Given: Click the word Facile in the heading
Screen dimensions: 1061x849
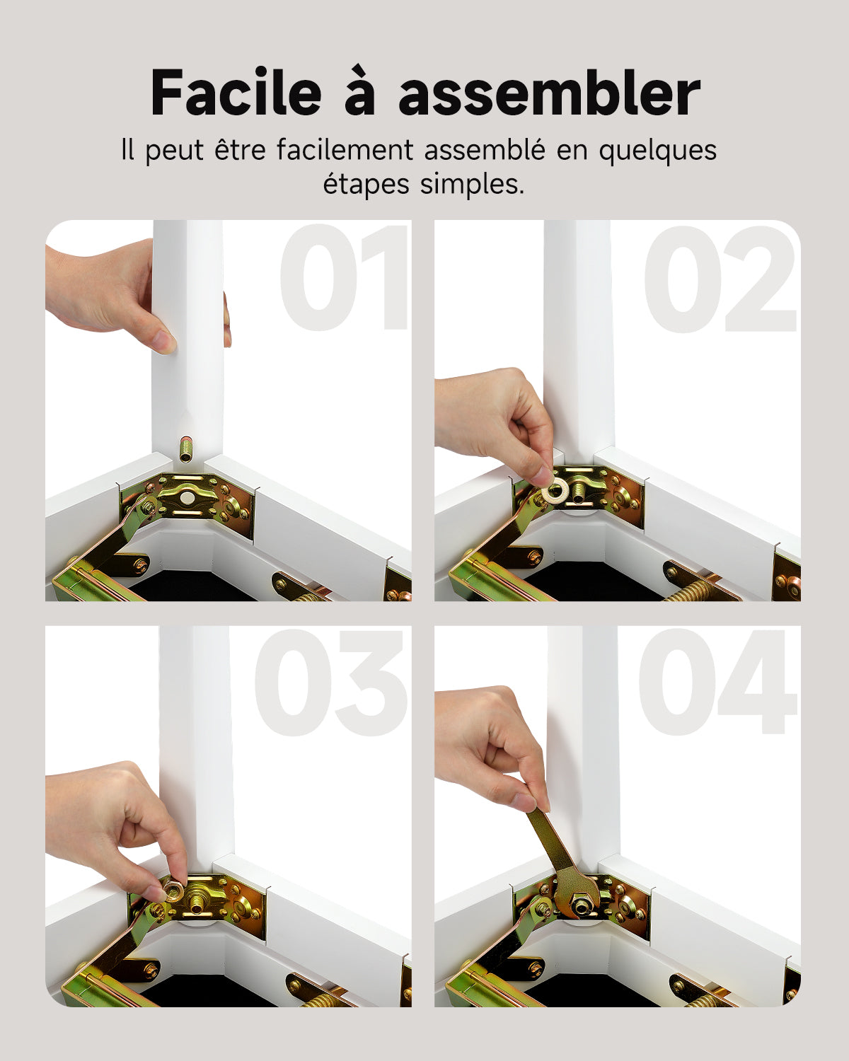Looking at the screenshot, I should pos(236,93).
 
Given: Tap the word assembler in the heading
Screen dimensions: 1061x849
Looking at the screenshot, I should pos(549,93).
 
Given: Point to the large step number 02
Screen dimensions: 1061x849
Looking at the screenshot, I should pos(720,279).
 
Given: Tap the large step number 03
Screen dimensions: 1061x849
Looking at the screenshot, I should pos(331,683).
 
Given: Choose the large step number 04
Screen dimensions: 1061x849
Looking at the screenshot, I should pos(717,683).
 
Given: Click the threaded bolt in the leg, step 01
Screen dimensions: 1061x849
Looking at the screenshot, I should pos(186,449).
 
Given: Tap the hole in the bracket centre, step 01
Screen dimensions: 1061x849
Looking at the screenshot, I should pos(186,498).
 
